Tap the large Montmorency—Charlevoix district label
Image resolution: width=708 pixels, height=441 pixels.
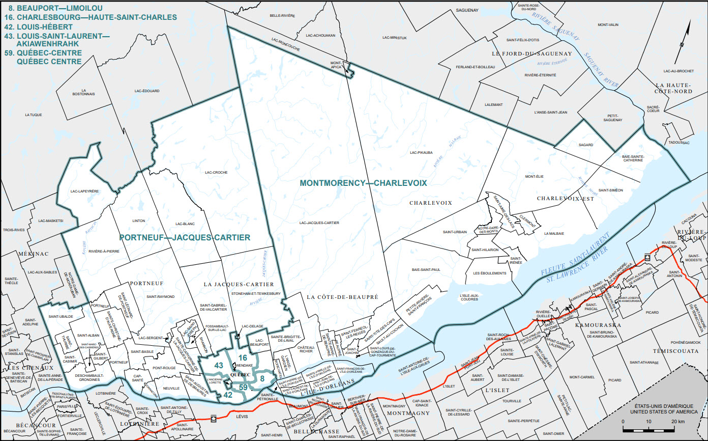coord(363,182)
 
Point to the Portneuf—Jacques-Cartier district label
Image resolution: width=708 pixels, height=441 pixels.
coord(184,237)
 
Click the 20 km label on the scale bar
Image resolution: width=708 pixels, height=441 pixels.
coord(677,422)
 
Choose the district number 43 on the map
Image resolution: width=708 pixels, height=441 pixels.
coord(219,365)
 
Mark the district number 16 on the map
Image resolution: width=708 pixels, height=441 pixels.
coord(243,358)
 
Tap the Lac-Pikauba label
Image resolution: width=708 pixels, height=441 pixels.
coord(421,152)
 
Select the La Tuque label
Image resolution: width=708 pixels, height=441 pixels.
coord(33,115)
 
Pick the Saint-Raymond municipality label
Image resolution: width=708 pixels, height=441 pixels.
coord(160,296)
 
